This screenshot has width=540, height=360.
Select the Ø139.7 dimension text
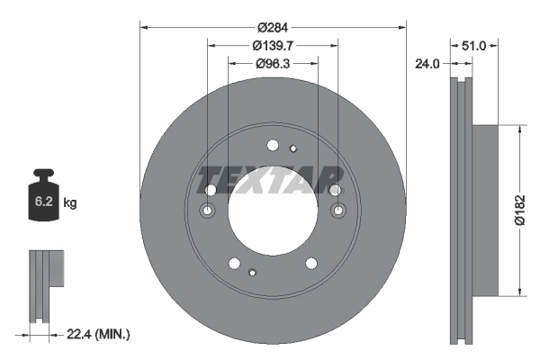pyautogui.click(x=274, y=44)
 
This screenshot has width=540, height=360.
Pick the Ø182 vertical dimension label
pyautogui.click(x=519, y=209)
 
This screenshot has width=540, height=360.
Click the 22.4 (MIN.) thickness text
pyautogui.click(x=99, y=334)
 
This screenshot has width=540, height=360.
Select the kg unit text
pyautogui.click(x=70, y=203)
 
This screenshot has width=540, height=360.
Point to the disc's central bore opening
pyautogui.click(x=273, y=209)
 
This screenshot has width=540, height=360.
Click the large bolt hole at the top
pyautogui.click(x=274, y=144)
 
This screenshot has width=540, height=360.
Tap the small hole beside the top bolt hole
pyautogui.click(x=293, y=148)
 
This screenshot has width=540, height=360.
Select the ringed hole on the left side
pyautogui.click(x=207, y=211)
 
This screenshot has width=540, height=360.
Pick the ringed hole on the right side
pyautogui.click(x=338, y=211)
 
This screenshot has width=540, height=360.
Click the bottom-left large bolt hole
pyautogui.click(x=235, y=263)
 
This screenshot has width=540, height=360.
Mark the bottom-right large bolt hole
pyautogui.click(x=311, y=263)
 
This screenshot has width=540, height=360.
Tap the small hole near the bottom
pyautogui.click(x=254, y=272)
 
